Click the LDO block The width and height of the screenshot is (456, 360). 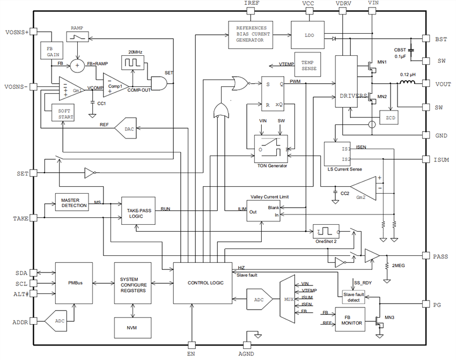(x=309, y=35)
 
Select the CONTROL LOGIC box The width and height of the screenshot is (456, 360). (x=205, y=283)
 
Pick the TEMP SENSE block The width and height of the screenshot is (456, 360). (x=308, y=65)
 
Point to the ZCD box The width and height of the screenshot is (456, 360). (x=389, y=117)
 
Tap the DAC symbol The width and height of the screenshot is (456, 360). (x=127, y=129)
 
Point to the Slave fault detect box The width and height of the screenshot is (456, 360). (x=354, y=296)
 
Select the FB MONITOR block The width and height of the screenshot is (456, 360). (x=353, y=320)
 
